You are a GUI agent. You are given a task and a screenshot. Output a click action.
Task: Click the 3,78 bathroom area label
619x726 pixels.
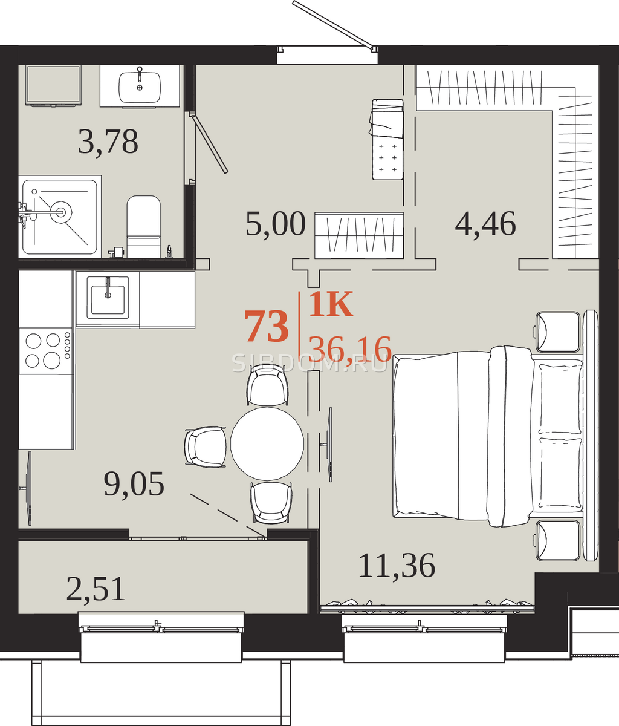(108, 142)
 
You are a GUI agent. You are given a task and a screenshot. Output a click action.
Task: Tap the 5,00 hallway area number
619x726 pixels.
(276, 224)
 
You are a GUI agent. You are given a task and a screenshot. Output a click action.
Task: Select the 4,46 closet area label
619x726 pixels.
(485, 224)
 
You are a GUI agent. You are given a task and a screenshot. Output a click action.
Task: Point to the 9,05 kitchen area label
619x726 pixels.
(134, 484)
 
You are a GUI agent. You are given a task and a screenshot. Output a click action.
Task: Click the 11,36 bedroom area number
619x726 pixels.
(397, 565)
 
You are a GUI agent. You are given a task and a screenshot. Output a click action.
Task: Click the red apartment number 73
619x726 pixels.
(267, 326)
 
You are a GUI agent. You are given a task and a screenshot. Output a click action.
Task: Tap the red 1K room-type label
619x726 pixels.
(331, 304)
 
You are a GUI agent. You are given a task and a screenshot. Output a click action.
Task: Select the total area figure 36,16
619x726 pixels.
(350, 348)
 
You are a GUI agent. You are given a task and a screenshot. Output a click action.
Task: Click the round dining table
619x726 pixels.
(267, 443)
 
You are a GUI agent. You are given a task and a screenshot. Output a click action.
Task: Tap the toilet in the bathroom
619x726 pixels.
(143, 226)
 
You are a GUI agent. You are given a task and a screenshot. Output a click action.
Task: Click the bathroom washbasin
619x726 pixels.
(140, 87)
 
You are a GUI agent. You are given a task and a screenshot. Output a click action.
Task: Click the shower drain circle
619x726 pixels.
(60, 212)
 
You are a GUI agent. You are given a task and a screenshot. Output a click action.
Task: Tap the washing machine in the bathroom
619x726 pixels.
(53, 85)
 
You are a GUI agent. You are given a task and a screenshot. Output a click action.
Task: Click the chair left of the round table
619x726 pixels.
(206, 446)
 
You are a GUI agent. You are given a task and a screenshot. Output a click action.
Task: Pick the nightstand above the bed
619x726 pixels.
(558, 332)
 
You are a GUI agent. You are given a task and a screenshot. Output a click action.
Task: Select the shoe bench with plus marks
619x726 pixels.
(387, 139)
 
